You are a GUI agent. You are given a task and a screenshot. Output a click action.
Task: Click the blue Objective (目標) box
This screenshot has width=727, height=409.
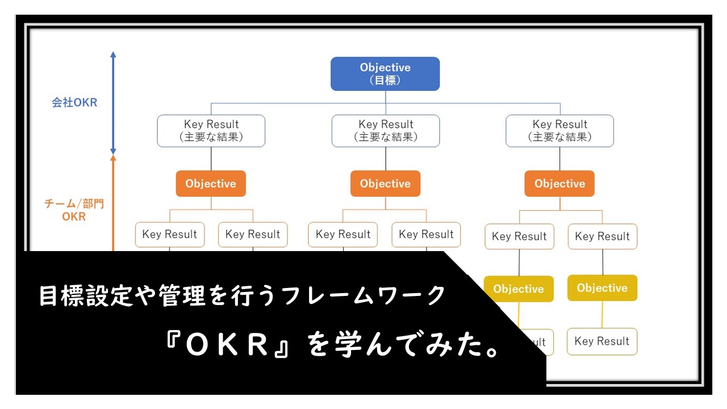coord(385,74)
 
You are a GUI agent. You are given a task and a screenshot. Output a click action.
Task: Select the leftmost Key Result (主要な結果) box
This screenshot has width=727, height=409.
coord(211,131)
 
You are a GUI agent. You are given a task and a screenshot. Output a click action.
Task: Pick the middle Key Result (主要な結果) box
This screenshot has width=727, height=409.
coord(385,131)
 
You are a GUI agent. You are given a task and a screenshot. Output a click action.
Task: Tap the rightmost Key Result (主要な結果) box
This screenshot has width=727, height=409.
coord(559,131)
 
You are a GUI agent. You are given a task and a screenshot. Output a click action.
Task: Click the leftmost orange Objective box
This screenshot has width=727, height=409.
coord(211,183)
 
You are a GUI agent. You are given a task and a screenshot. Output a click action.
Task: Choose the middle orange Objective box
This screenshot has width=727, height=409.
coord(385,183)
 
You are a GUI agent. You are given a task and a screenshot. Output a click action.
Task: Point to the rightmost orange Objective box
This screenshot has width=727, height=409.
coord(559,183)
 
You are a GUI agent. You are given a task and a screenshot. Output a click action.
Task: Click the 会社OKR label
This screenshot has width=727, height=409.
coord(74,103)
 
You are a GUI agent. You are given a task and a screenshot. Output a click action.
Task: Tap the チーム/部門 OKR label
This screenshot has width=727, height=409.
coord(74,210)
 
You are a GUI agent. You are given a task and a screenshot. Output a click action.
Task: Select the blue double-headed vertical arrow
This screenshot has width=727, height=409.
coord(113,102)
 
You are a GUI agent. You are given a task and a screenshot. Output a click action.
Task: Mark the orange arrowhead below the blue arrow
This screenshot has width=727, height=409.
coord(113,160)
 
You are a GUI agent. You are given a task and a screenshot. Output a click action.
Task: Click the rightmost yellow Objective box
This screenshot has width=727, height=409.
coord(602,288)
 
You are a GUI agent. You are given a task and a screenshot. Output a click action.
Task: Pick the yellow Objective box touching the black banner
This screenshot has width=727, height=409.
coord(519,289)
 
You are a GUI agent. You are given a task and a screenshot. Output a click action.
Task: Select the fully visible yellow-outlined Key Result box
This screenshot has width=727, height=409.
coord(602,341)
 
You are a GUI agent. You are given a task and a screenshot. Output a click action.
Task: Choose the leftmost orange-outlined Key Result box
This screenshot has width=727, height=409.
coord(169,234)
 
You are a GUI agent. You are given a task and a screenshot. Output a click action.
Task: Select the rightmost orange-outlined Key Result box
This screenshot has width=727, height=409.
coord(603,236)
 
